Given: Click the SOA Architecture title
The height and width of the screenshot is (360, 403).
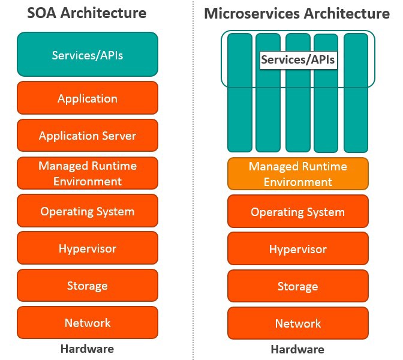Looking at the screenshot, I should point(88,13).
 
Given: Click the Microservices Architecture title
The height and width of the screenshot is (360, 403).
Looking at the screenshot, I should point(297,13).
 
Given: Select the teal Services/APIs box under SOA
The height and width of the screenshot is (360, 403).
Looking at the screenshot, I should point(88,55).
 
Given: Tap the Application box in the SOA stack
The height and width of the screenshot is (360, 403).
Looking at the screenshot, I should point(88,98).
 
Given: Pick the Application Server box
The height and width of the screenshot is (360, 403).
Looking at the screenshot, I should point(88,135).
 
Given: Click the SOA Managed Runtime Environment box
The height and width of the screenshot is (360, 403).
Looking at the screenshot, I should point(88,173).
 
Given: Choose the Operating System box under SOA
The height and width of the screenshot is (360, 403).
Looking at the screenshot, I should point(88,211).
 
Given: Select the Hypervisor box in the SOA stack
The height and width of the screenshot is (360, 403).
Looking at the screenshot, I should point(88,248).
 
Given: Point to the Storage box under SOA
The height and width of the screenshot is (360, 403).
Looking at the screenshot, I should point(88,286).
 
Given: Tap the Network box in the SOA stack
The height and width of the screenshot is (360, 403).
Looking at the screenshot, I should point(88,323).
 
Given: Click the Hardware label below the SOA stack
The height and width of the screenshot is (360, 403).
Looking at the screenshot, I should point(87,349).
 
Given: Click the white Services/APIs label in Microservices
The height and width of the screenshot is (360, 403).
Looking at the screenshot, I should point(297,60).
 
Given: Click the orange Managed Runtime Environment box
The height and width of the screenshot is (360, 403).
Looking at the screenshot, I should point(298,173).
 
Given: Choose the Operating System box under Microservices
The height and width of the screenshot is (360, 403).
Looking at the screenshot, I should point(298,211).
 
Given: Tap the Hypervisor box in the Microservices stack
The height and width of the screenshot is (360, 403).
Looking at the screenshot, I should point(298,249).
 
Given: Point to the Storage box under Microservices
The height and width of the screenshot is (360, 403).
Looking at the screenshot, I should point(298,286).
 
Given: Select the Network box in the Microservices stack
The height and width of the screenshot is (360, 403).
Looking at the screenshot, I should point(298,323).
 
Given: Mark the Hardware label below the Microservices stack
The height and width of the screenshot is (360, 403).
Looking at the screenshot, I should point(297,349).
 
